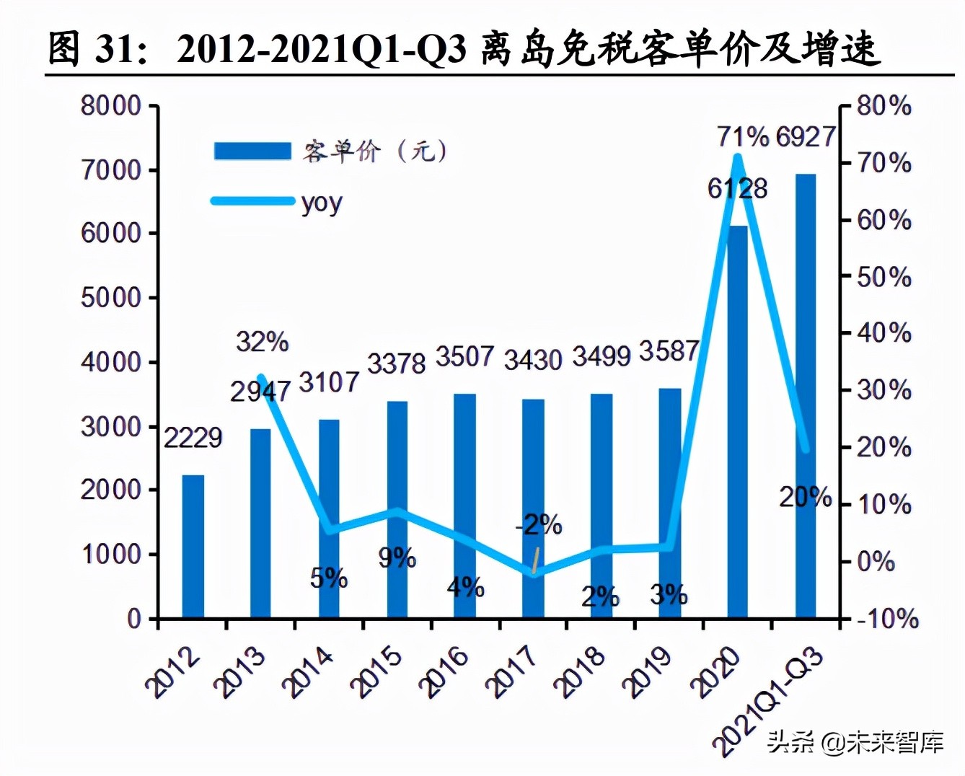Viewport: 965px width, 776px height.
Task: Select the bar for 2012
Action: (193, 546)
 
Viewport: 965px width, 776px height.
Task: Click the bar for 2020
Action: (737, 422)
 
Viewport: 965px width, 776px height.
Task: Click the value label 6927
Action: (806, 136)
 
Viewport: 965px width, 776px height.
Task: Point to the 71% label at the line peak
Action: (743, 136)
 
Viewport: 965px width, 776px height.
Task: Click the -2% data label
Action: (539, 524)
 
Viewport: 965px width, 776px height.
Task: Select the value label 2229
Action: (193, 437)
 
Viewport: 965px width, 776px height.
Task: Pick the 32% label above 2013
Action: (262, 341)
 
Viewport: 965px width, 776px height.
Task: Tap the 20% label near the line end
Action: (805, 497)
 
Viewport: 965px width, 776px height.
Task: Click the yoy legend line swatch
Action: (252, 200)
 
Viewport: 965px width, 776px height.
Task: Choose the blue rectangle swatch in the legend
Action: (252, 151)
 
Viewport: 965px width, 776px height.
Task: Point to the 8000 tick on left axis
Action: (111, 106)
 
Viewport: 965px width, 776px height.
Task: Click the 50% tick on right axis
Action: (884, 276)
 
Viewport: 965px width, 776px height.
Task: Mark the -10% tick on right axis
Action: (886, 618)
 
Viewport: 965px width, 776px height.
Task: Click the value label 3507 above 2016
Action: (464, 356)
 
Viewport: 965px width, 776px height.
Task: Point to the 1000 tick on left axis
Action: (111, 554)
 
